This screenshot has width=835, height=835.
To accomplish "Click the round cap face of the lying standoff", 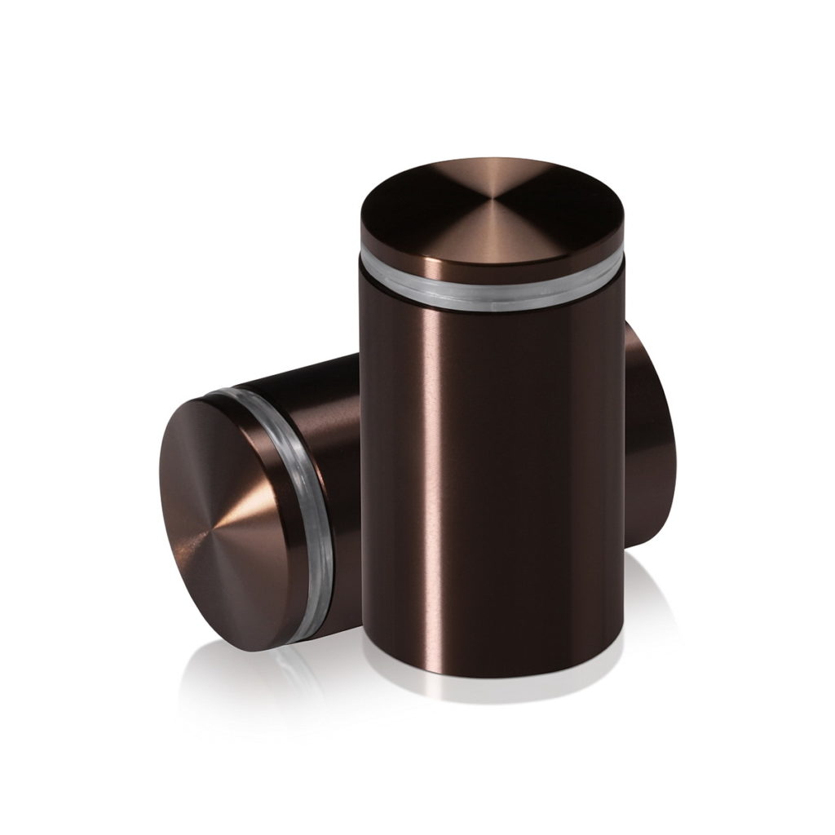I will click(x=228, y=514).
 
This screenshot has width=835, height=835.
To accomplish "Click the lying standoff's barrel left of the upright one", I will click(x=326, y=424).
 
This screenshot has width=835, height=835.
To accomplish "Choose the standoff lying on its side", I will click(x=269, y=497).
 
